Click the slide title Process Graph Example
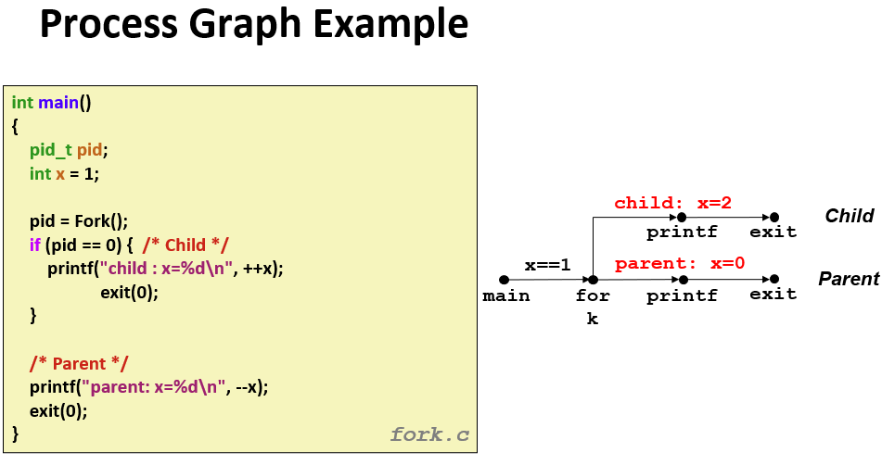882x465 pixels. click(253, 26)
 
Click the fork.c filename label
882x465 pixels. click(429, 434)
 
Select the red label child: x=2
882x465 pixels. click(672, 203)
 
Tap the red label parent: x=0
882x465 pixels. click(680, 263)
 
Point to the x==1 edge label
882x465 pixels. click(547, 265)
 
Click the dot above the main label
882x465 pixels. click(504, 280)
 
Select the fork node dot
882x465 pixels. click(593, 280)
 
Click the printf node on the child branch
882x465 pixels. click(682, 217)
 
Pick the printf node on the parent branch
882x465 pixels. click(683, 280)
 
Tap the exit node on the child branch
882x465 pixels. click(774, 217)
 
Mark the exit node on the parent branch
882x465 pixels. click(774, 280)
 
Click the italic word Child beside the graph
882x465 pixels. click(849, 216)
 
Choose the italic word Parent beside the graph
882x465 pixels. click(848, 279)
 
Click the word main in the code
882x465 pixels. click(58, 103)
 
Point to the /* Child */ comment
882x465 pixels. click(185, 245)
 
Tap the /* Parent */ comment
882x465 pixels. click(79, 363)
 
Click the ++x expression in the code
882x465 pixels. click(263, 269)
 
